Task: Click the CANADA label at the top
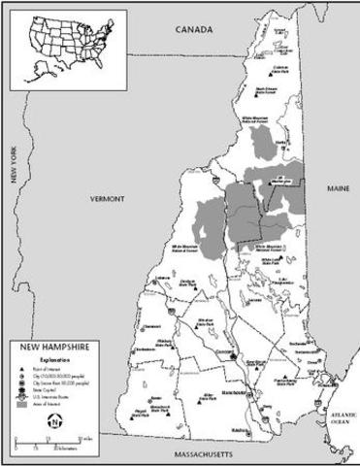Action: click(x=193, y=31)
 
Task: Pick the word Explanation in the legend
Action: click(x=49, y=356)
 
